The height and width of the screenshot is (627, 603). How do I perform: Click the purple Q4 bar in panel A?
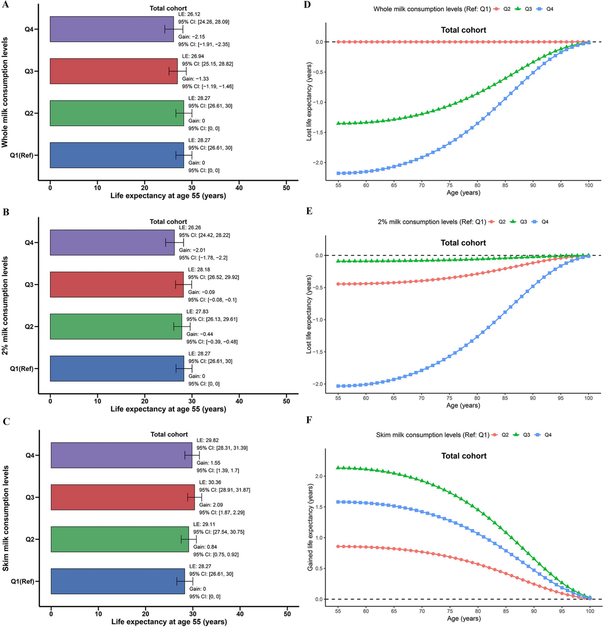(x=112, y=29)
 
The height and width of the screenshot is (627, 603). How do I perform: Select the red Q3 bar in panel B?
(x=117, y=284)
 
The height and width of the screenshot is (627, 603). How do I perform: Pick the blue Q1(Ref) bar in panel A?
(x=117, y=155)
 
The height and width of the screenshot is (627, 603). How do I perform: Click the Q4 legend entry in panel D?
(x=546, y=9)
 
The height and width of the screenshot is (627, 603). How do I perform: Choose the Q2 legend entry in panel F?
(x=501, y=435)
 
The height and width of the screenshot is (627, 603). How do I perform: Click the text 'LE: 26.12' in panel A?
(x=189, y=14)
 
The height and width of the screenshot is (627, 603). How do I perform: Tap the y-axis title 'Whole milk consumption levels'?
(x=5, y=92)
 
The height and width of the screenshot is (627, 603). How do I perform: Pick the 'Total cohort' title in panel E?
(x=463, y=243)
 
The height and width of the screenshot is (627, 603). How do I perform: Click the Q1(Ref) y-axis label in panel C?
(x=22, y=581)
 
